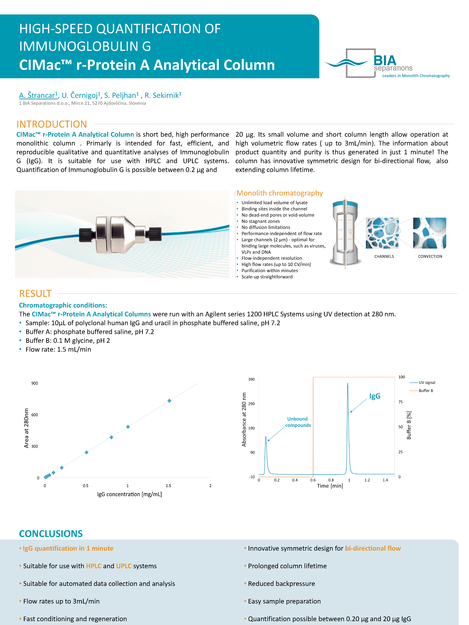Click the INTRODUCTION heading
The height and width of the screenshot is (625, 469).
(52, 124)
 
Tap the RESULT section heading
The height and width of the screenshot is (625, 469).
(35, 294)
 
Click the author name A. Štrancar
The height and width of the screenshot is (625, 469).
(38, 95)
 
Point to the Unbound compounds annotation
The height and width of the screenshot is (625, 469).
(298, 422)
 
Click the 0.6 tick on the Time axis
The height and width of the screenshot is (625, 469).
(313, 480)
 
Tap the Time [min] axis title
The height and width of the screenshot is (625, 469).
(330, 486)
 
